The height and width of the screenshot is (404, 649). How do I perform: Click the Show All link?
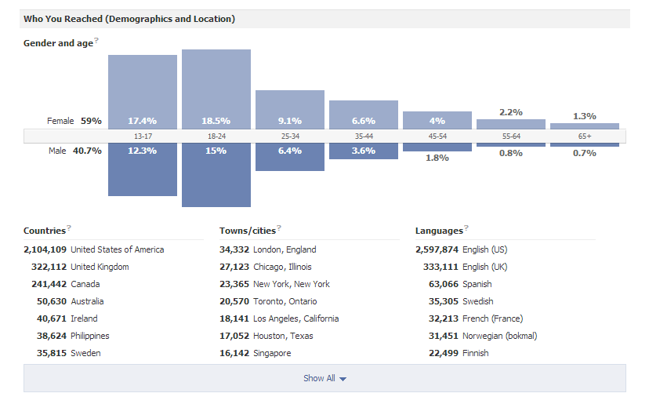pyautogui.click(x=324, y=378)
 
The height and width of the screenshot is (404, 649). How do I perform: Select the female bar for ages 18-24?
pyautogui.click(x=216, y=86)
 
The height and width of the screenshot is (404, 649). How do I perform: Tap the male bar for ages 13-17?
pyautogui.click(x=143, y=173)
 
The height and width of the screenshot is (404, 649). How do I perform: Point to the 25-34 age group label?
pyautogui.click(x=290, y=136)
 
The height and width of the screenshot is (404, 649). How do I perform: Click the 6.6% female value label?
pyautogui.click(x=364, y=121)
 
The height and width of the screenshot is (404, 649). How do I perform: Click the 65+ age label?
pyautogui.click(x=585, y=136)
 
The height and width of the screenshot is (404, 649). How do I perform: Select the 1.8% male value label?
pyautogui.click(x=437, y=158)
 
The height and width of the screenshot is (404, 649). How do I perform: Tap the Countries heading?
pyautogui.click(x=45, y=231)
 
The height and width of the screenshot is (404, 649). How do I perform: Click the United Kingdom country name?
pyautogui.click(x=100, y=267)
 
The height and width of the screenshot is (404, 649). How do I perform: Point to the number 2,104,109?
pyautogui.click(x=45, y=249)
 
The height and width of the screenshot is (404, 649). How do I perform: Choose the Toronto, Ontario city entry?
pyautogui.click(x=285, y=301)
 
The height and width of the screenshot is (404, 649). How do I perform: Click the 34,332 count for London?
pyautogui.click(x=234, y=249)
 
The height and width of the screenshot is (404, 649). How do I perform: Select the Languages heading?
pyautogui.click(x=439, y=231)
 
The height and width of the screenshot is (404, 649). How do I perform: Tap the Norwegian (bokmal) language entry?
pyautogui.click(x=500, y=336)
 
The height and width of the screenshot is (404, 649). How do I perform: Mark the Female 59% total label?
pyautogui.click(x=74, y=121)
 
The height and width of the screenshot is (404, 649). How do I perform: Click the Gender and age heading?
pyautogui.click(x=58, y=43)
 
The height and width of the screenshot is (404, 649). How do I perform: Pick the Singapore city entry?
pyautogui.click(x=272, y=353)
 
